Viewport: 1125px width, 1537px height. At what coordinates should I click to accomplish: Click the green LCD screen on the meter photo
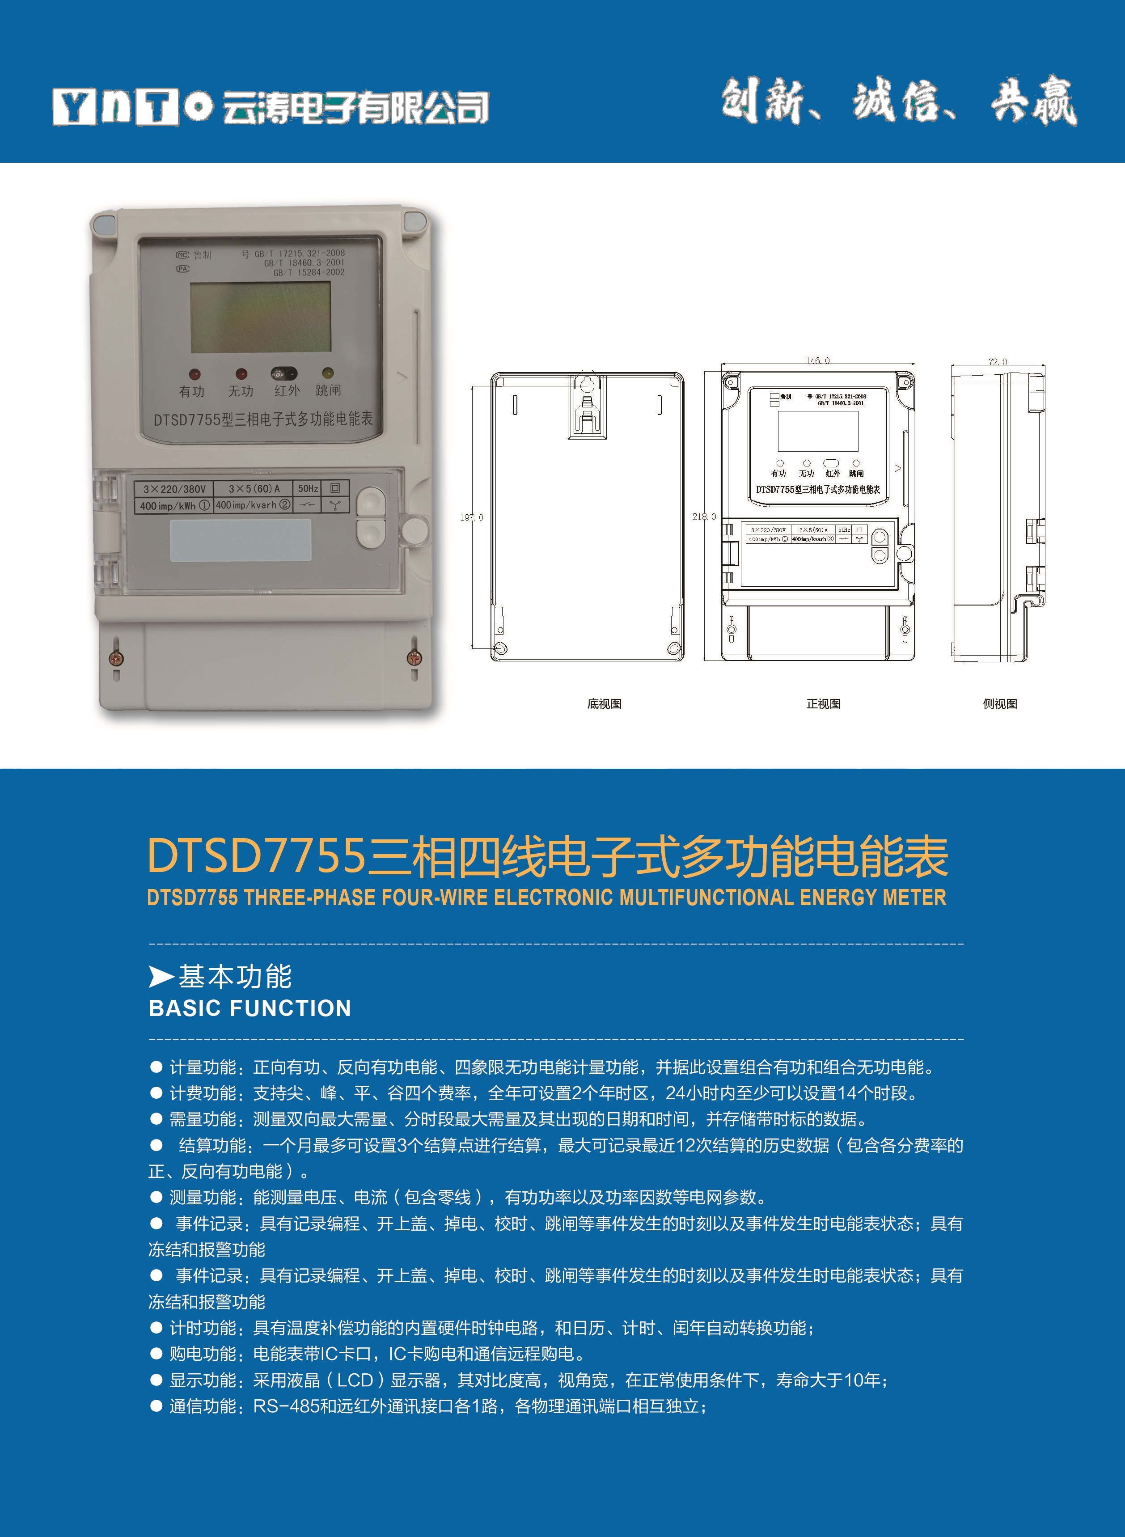tap(260, 318)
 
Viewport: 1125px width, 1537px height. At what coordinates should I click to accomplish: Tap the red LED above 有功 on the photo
tap(194, 374)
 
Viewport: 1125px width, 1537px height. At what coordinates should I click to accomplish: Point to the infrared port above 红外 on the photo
tap(284, 373)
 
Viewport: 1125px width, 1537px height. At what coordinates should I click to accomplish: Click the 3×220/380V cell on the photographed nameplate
tap(174, 489)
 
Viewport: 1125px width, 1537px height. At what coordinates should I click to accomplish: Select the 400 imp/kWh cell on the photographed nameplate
tap(174, 505)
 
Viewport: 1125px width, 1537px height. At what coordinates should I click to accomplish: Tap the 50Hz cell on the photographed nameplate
tap(308, 488)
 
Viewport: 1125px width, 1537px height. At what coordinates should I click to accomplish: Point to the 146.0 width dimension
tap(818, 360)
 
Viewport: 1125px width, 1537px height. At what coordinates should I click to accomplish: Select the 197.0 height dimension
tap(471, 517)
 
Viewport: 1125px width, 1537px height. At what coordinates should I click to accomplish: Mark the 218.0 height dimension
tap(704, 517)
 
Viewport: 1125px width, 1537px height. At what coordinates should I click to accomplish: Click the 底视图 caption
tap(604, 703)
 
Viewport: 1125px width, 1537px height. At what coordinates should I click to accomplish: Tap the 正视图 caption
tap(823, 703)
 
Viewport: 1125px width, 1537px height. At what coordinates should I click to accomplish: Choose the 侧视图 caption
tap(1000, 703)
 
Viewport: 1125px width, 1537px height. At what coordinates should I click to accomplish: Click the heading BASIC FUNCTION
tap(250, 1008)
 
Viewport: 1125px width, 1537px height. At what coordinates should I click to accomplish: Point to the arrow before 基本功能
tap(161, 977)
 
